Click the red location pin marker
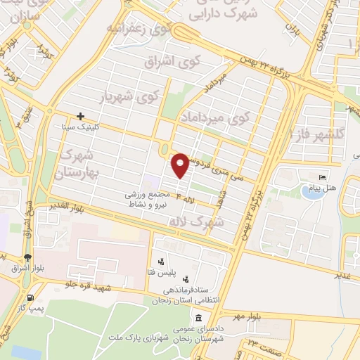[x=180, y=165]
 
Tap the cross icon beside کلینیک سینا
[x=81, y=116]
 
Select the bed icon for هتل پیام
[x=323, y=177]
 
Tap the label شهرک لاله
[x=196, y=221]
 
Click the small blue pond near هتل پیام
[x=309, y=189]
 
